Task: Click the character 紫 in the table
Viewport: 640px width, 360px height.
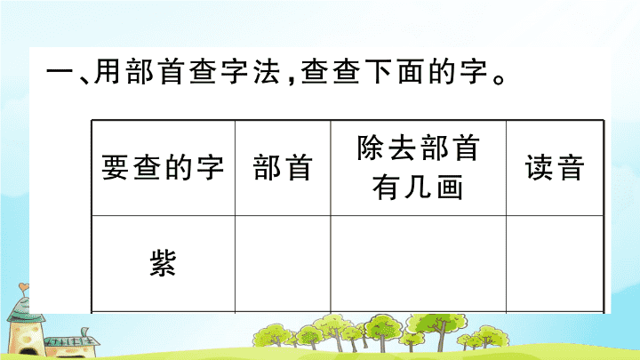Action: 163,263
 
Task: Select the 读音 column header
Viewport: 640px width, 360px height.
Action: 555,167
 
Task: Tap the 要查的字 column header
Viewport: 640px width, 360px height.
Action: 163,167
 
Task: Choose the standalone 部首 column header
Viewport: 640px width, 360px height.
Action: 283,167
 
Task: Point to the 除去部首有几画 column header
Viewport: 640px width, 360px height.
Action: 418,167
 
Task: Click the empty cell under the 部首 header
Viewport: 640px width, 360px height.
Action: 283,264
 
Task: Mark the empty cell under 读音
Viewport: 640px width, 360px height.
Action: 555,264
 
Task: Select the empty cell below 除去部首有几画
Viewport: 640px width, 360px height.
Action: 418,264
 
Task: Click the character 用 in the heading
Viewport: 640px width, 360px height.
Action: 108,71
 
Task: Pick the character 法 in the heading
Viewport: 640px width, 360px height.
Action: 267,71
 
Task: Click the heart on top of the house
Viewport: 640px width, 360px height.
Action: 24,286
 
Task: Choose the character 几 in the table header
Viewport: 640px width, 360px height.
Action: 418,188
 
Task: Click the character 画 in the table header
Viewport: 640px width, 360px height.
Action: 450,188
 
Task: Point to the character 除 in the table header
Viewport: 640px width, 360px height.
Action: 370,148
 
